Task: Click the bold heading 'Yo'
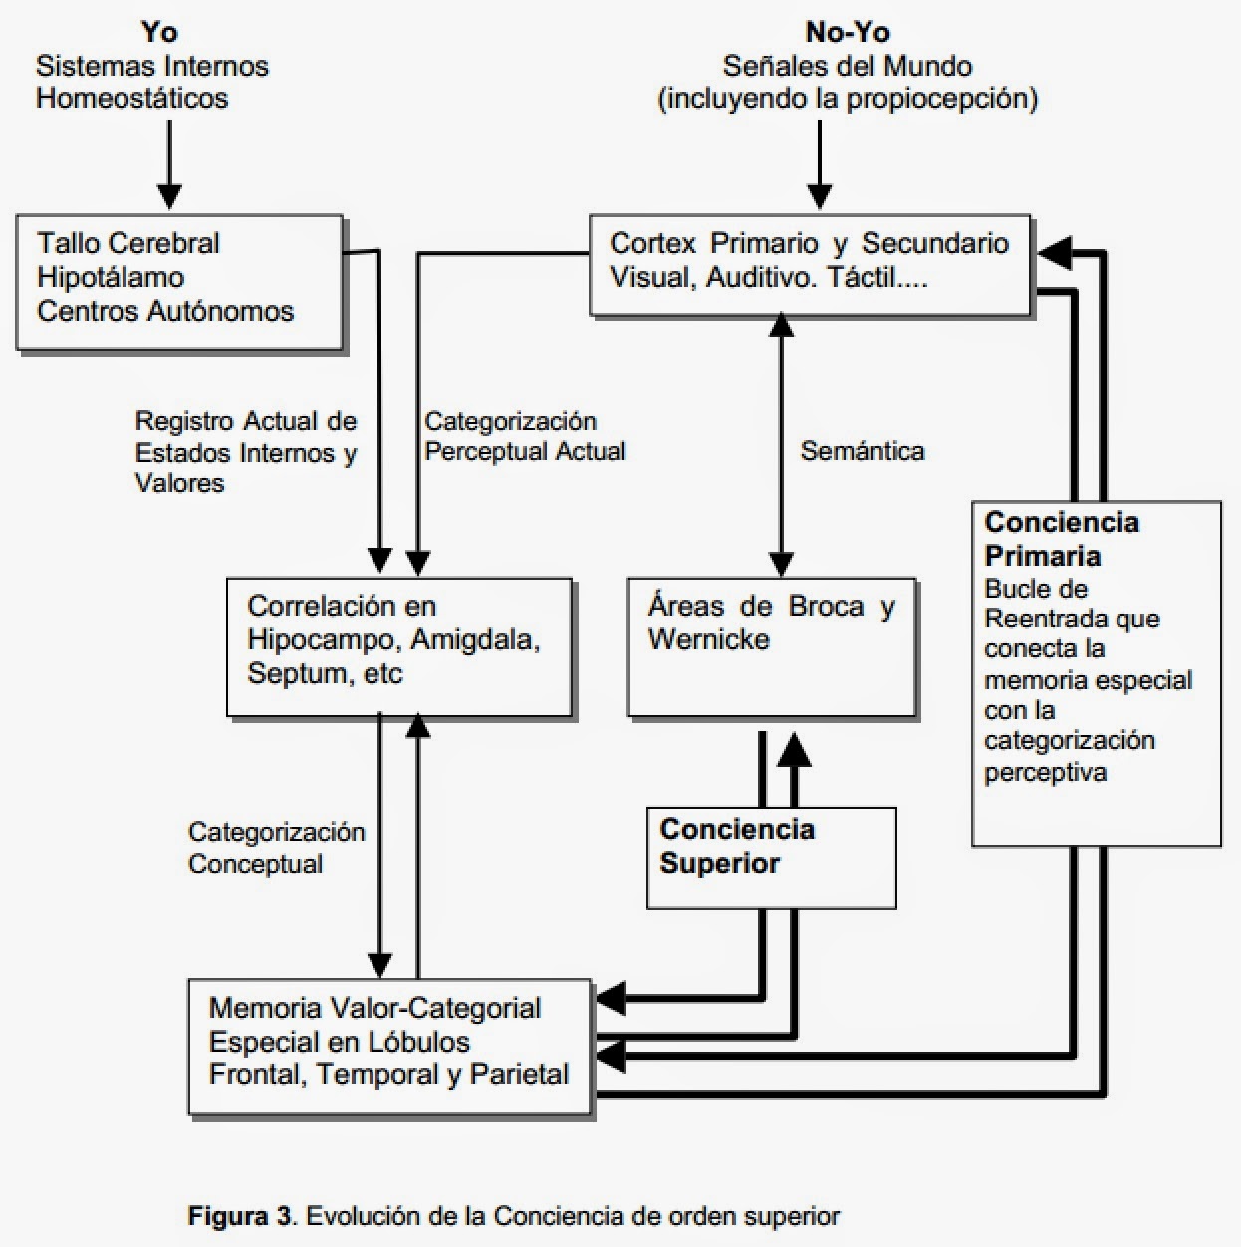tap(159, 32)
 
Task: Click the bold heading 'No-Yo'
tap(847, 32)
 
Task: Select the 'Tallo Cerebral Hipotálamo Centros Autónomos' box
tap(179, 282)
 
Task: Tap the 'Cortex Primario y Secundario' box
tap(810, 265)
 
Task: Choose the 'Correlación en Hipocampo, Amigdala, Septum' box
tap(398, 646)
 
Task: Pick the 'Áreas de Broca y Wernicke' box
tap(772, 646)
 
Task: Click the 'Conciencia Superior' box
tap(771, 858)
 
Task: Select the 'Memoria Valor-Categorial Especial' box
tap(389, 1046)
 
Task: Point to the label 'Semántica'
tap(863, 451)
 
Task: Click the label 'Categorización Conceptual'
tap(276, 848)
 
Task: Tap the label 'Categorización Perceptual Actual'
tap(525, 436)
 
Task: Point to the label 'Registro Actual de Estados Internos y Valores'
tap(246, 452)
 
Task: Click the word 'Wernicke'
tap(708, 639)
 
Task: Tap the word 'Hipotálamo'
tap(111, 277)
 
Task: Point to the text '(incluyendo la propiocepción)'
tap(848, 99)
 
